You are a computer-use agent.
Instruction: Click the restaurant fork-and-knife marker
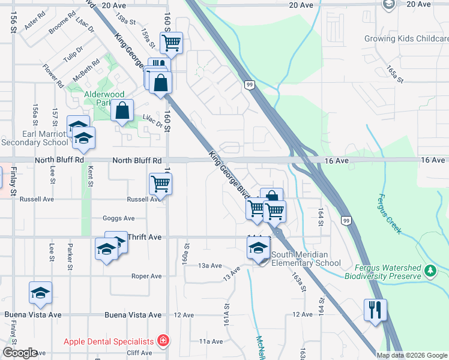(375, 310)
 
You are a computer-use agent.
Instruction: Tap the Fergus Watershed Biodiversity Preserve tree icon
(430, 271)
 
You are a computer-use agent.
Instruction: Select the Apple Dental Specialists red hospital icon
(162, 341)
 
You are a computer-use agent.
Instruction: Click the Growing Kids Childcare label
(406, 38)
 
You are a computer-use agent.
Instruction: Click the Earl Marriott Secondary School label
(35, 138)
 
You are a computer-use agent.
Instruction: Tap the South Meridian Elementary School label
(306, 259)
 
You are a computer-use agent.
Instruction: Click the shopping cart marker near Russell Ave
(160, 183)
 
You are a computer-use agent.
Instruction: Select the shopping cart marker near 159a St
(171, 43)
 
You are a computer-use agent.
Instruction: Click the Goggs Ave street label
(119, 218)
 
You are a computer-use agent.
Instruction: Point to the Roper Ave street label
(147, 276)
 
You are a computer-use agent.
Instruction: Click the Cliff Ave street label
(140, 353)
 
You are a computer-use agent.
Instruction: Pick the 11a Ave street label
(211, 341)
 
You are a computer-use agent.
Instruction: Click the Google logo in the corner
(20, 353)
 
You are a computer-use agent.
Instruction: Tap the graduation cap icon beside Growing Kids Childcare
(388, 4)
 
